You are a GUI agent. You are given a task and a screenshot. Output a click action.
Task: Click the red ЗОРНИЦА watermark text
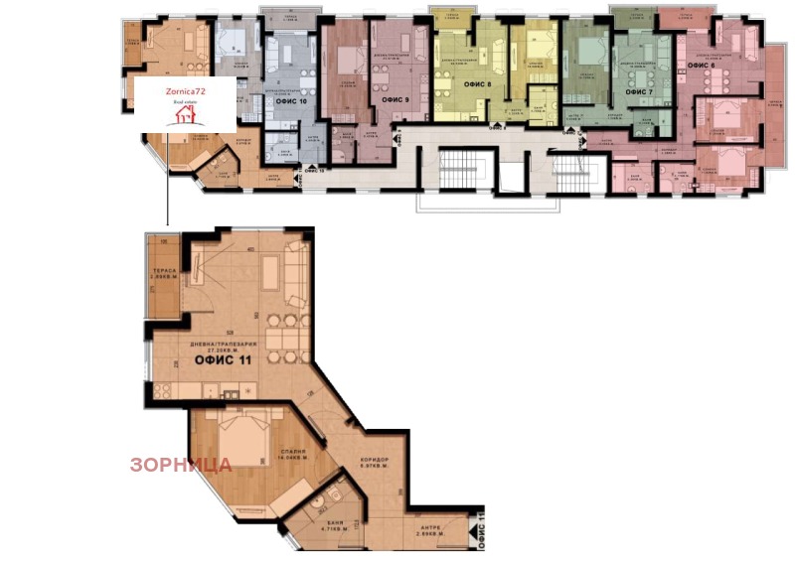[x=180, y=464]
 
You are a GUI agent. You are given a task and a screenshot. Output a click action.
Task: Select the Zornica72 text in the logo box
[x=185, y=91]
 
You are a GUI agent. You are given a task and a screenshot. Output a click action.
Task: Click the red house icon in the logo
[x=185, y=115]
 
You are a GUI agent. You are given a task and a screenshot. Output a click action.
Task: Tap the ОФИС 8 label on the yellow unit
[x=477, y=84]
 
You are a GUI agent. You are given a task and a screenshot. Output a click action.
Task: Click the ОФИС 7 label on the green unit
[x=638, y=91]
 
